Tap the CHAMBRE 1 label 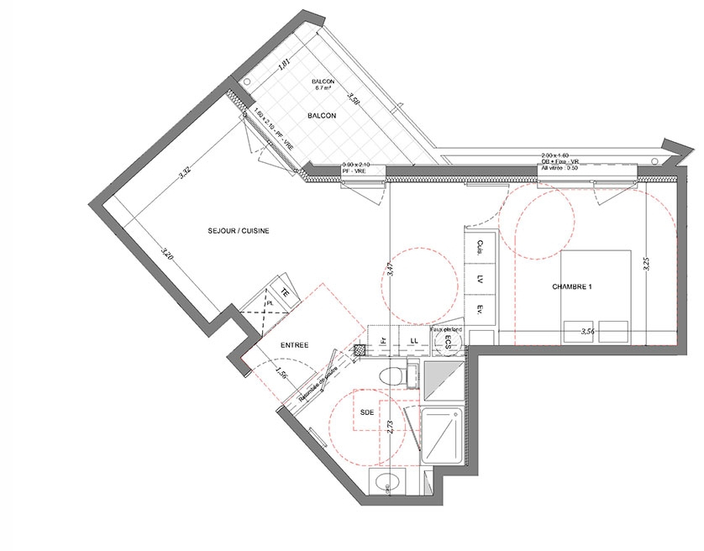(572, 287)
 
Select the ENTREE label (294, 345)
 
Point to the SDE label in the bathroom (367, 413)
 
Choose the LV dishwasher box (481, 278)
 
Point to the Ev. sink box (481, 310)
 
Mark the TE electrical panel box (286, 291)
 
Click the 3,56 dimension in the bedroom (594, 333)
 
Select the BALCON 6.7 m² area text (323, 83)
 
